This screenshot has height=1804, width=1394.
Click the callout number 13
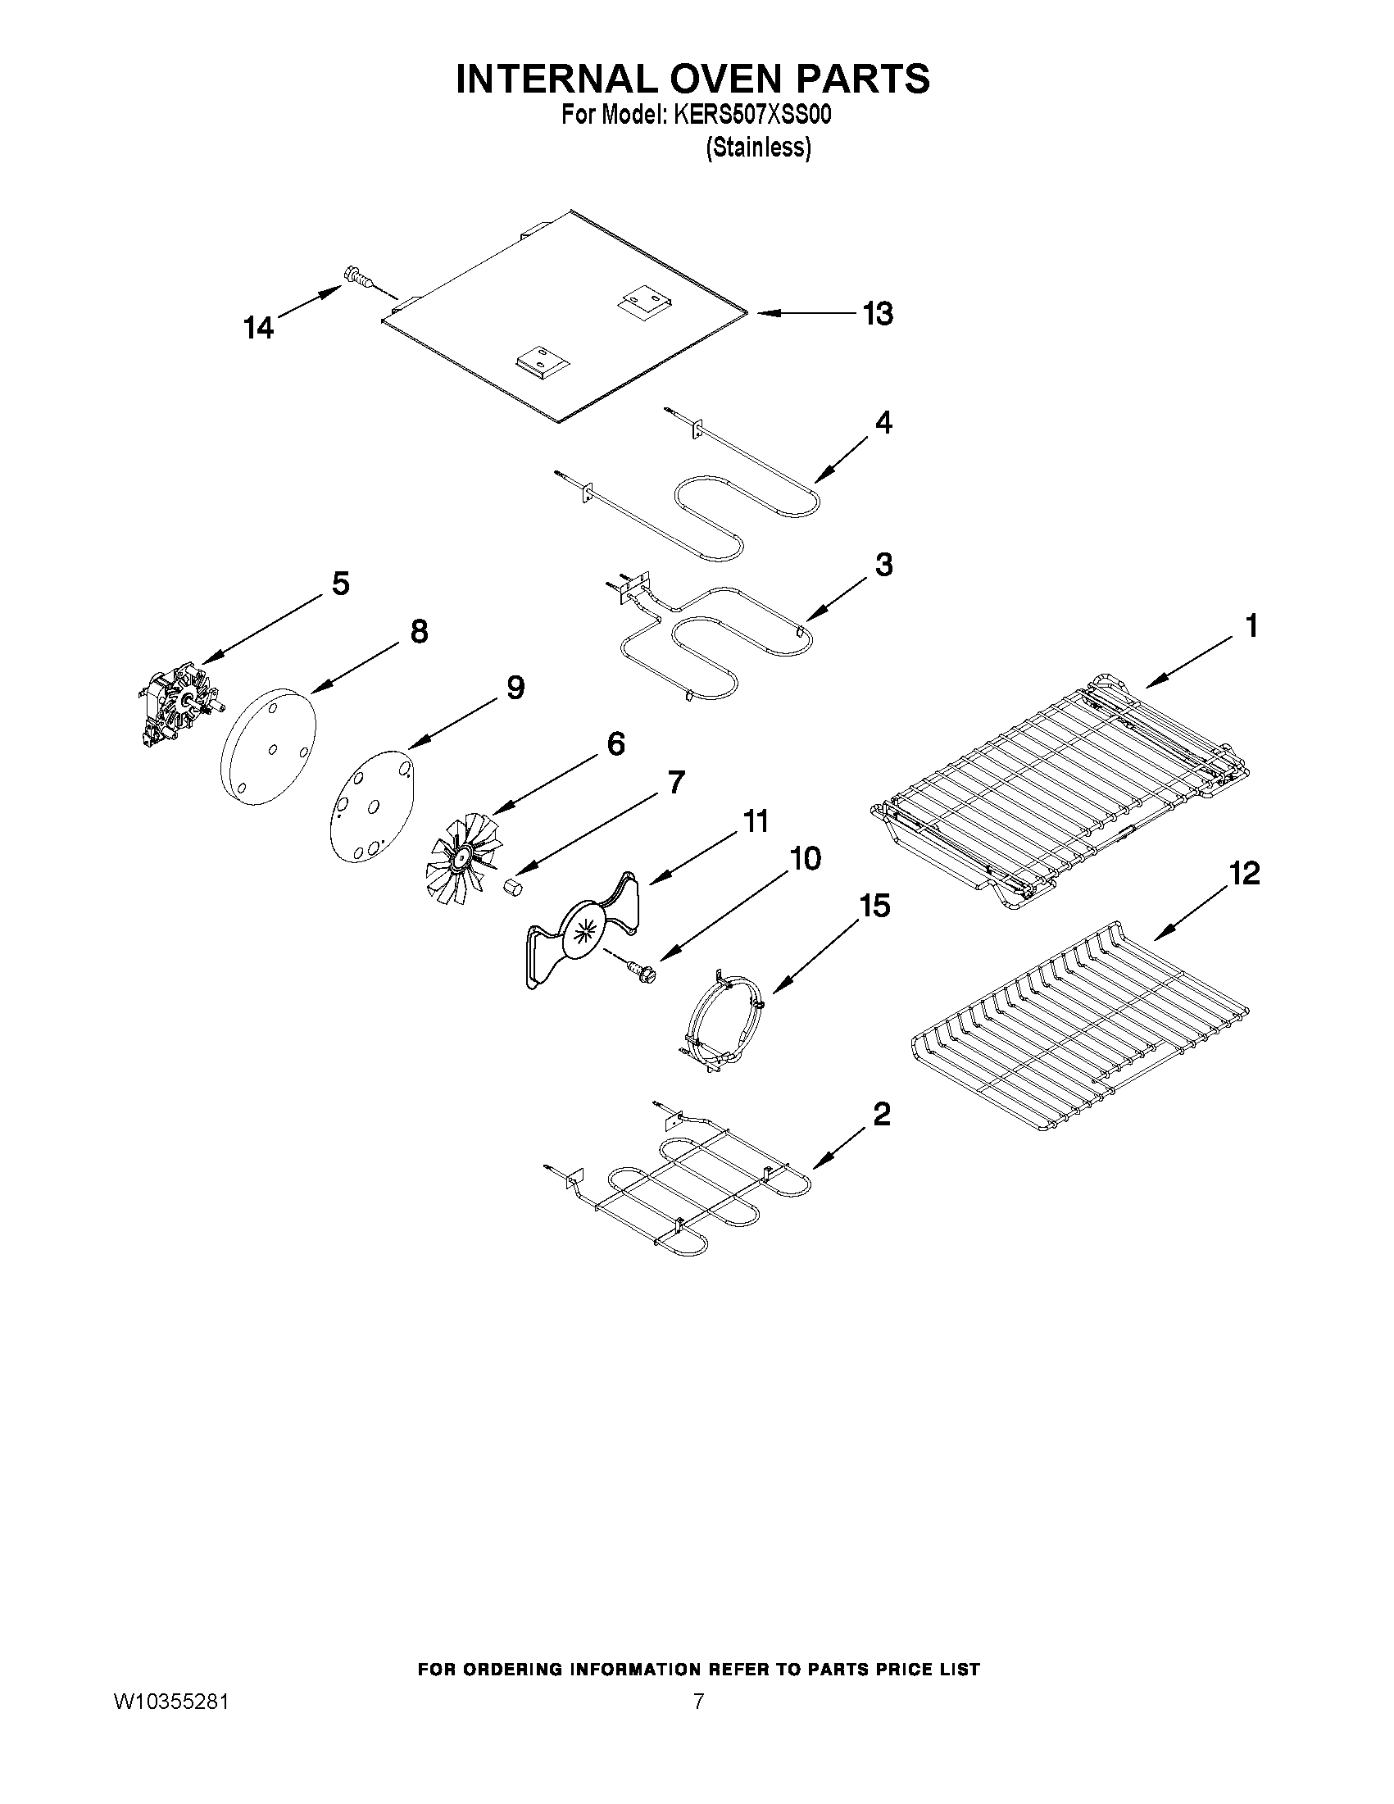point(878,314)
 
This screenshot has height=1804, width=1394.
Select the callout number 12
point(1246,873)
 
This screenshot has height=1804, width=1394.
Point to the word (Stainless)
point(758,148)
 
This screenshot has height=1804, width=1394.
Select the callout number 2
point(882,1115)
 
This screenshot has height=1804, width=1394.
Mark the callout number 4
point(883,423)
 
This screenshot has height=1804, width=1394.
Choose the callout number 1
point(1251,626)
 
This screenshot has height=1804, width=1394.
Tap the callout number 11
point(756,821)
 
